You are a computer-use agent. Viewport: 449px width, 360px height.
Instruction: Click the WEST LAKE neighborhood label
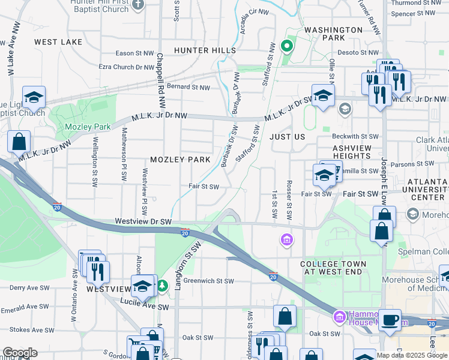pos(58,42)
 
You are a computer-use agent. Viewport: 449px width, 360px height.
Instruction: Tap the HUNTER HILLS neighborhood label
pos(205,50)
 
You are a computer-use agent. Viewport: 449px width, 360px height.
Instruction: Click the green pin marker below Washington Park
pos(287,46)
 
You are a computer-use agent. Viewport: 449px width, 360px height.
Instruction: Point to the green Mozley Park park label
pos(80,127)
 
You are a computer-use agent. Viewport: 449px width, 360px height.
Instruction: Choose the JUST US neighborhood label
pos(288,137)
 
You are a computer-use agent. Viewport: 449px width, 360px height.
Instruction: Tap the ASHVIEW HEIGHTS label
pos(352,152)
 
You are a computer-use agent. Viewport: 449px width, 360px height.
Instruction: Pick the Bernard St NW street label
pos(188,87)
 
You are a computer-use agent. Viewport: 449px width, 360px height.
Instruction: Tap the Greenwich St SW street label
pos(208,280)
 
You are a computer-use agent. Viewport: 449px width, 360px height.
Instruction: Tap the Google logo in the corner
pos(19,353)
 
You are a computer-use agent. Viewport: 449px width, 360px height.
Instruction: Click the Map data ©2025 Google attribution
pos(411,355)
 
